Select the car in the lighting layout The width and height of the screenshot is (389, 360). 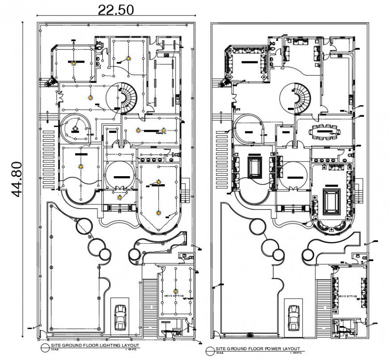tap(120, 317)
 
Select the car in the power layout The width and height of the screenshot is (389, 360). tap(293, 317)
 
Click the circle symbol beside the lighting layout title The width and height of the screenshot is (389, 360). tap(44, 347)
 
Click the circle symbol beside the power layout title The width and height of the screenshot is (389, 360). tap(210, 350)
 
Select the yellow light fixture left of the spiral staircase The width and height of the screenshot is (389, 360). tap(90, 97)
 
